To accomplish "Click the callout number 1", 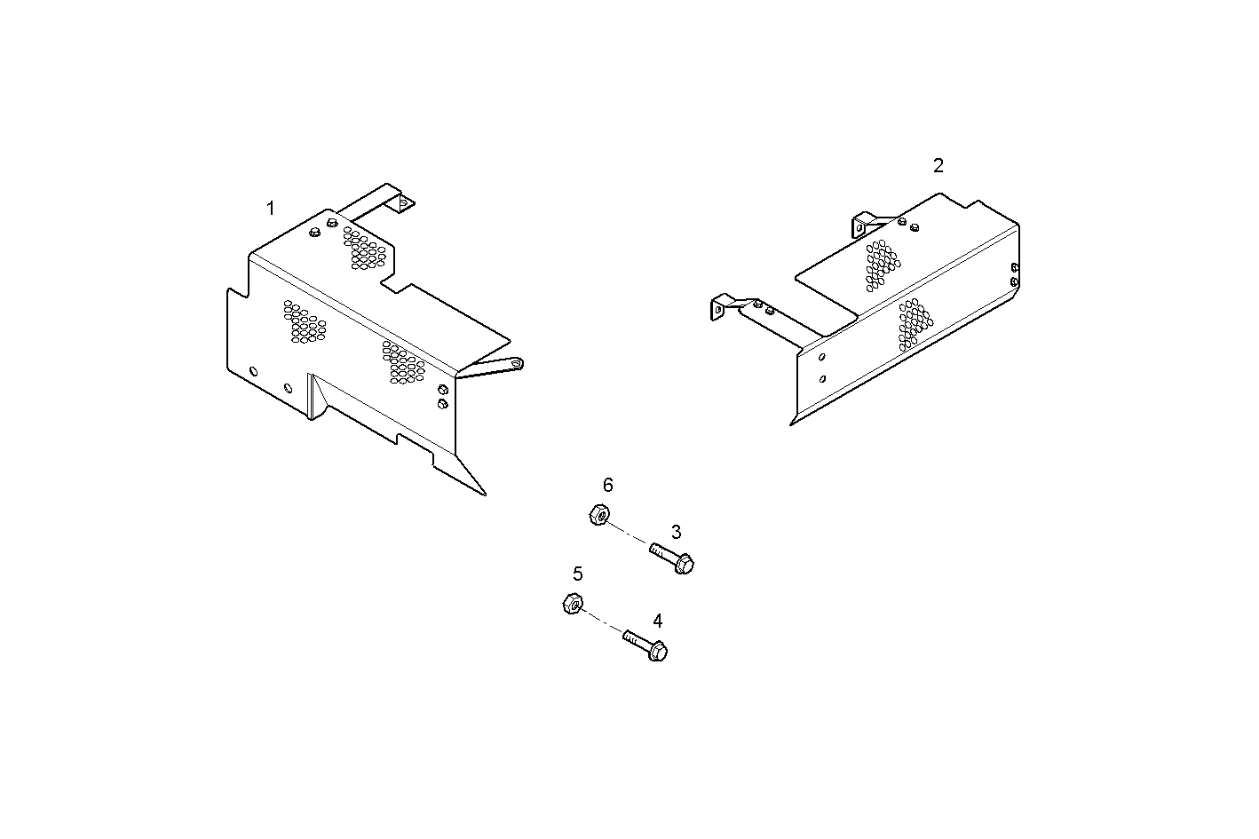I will pyautogui.click(x=271, y=209).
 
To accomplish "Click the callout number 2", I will pyautogui.click(x=938, y=165).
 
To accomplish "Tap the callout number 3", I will pyautogui.click(x=676, y=532).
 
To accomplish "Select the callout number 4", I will pyautogui.click(x=657, y=621).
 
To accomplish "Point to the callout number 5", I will pyautogui.click(x=578, y=574).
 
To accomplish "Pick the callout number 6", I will pyautogui.click(x=608, y=485).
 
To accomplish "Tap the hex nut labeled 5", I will pyautogui.click(x=573, y=604).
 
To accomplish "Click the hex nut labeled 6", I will pyautogui.click(x=598, y=514).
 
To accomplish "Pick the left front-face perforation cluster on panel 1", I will pyautogui.click(x=304, y=323).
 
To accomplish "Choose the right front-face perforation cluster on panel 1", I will pyautogui.click(x=404, y=361).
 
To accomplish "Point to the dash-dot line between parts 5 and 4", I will pyautogui.click(x=605, y=622).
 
